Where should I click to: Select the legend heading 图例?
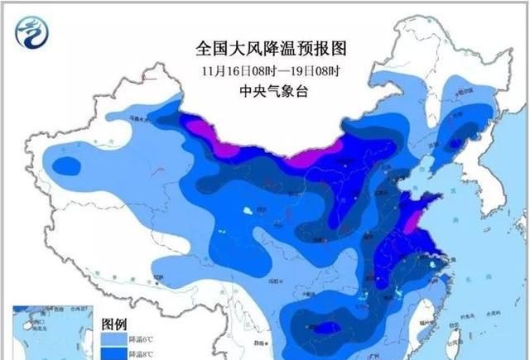[x=113, y=323]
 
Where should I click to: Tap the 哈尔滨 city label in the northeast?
[x=460, y=113]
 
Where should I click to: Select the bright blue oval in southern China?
[x=325, y=329]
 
